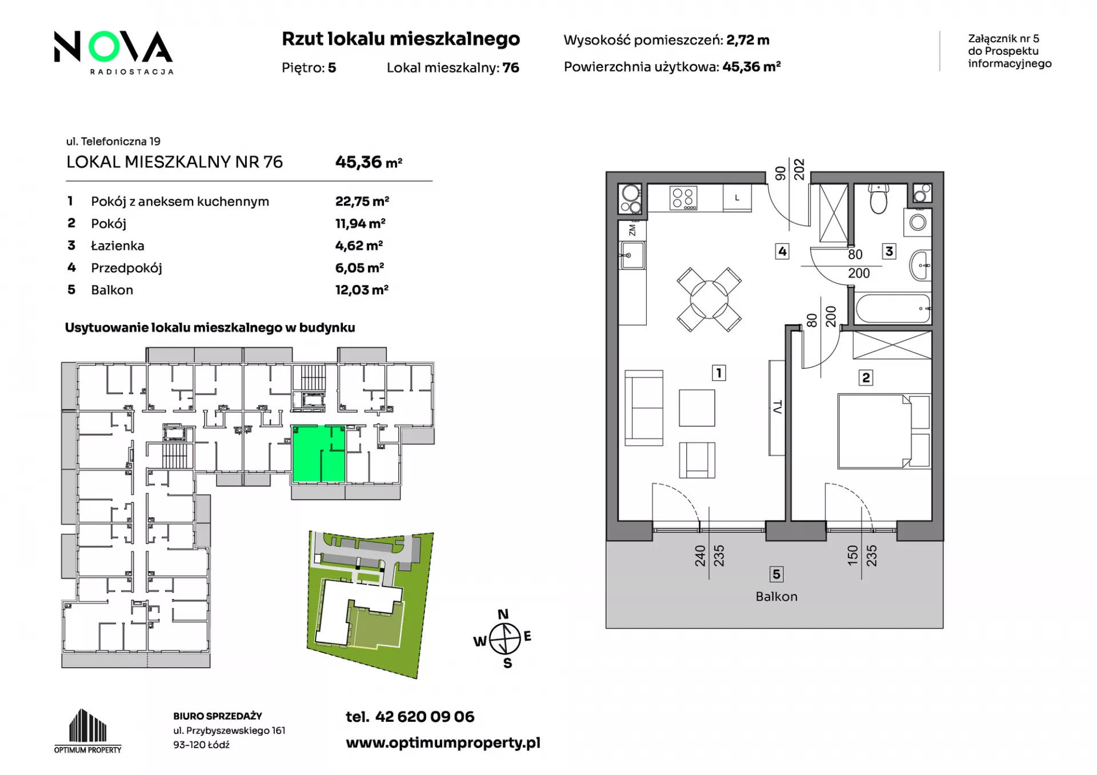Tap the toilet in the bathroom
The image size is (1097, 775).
878,198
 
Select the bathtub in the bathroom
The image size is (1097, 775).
893,309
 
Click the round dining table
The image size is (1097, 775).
709,299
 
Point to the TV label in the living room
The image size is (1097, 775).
777,407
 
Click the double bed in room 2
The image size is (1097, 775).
884,431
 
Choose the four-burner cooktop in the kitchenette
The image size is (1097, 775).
683,198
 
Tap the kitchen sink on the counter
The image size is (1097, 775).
633,255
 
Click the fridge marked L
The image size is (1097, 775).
737,198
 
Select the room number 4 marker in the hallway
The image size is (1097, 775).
782,251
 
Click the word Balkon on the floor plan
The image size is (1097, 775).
776,596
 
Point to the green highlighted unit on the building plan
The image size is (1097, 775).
318,453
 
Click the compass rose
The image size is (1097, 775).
505,638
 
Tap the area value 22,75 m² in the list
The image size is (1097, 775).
362,201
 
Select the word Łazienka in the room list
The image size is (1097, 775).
118,246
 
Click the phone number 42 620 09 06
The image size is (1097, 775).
425,717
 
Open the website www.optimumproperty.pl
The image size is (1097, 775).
443,742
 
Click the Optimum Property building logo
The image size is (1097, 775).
88,731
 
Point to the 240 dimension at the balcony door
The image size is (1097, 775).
700,556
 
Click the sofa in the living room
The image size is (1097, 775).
644,408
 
